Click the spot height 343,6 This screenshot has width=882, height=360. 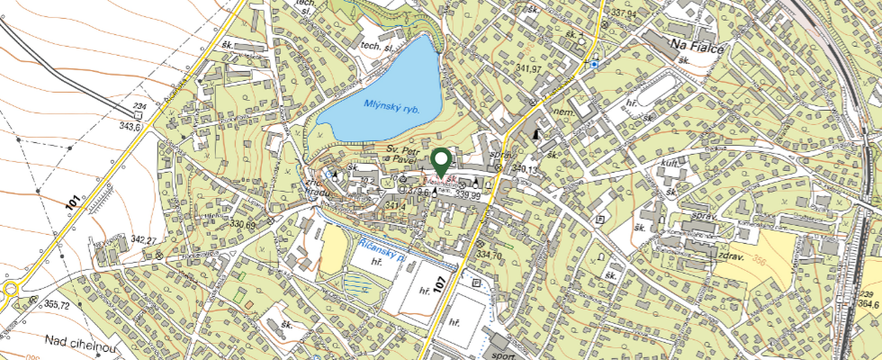point(130,127)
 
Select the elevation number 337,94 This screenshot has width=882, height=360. point(625,14)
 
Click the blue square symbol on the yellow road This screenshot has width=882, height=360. point(593,65)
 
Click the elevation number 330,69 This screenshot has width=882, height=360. point(243,224)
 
